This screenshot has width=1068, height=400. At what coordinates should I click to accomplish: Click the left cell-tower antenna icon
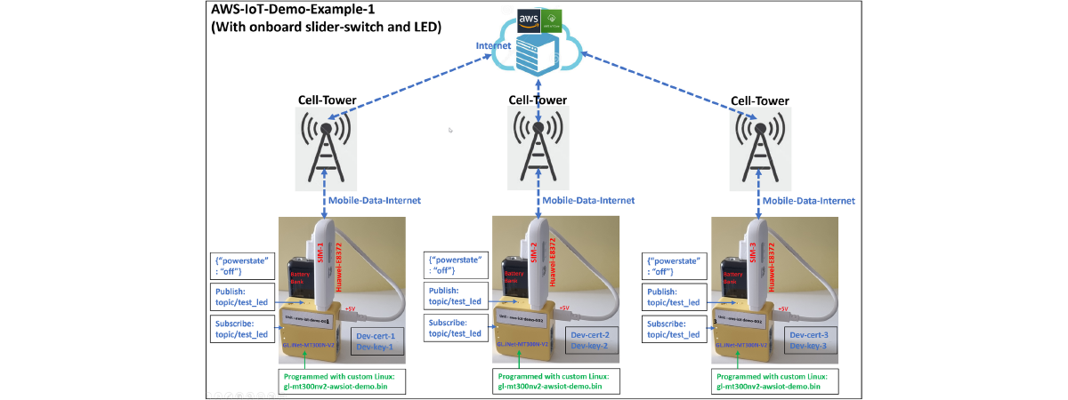(x=327, y=146)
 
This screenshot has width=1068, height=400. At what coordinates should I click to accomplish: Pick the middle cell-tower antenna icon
(x=538, y=146)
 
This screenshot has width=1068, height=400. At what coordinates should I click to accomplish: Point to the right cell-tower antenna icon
(x=759, y=146)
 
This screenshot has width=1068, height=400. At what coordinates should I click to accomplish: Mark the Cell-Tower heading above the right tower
(x=759, y=100)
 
